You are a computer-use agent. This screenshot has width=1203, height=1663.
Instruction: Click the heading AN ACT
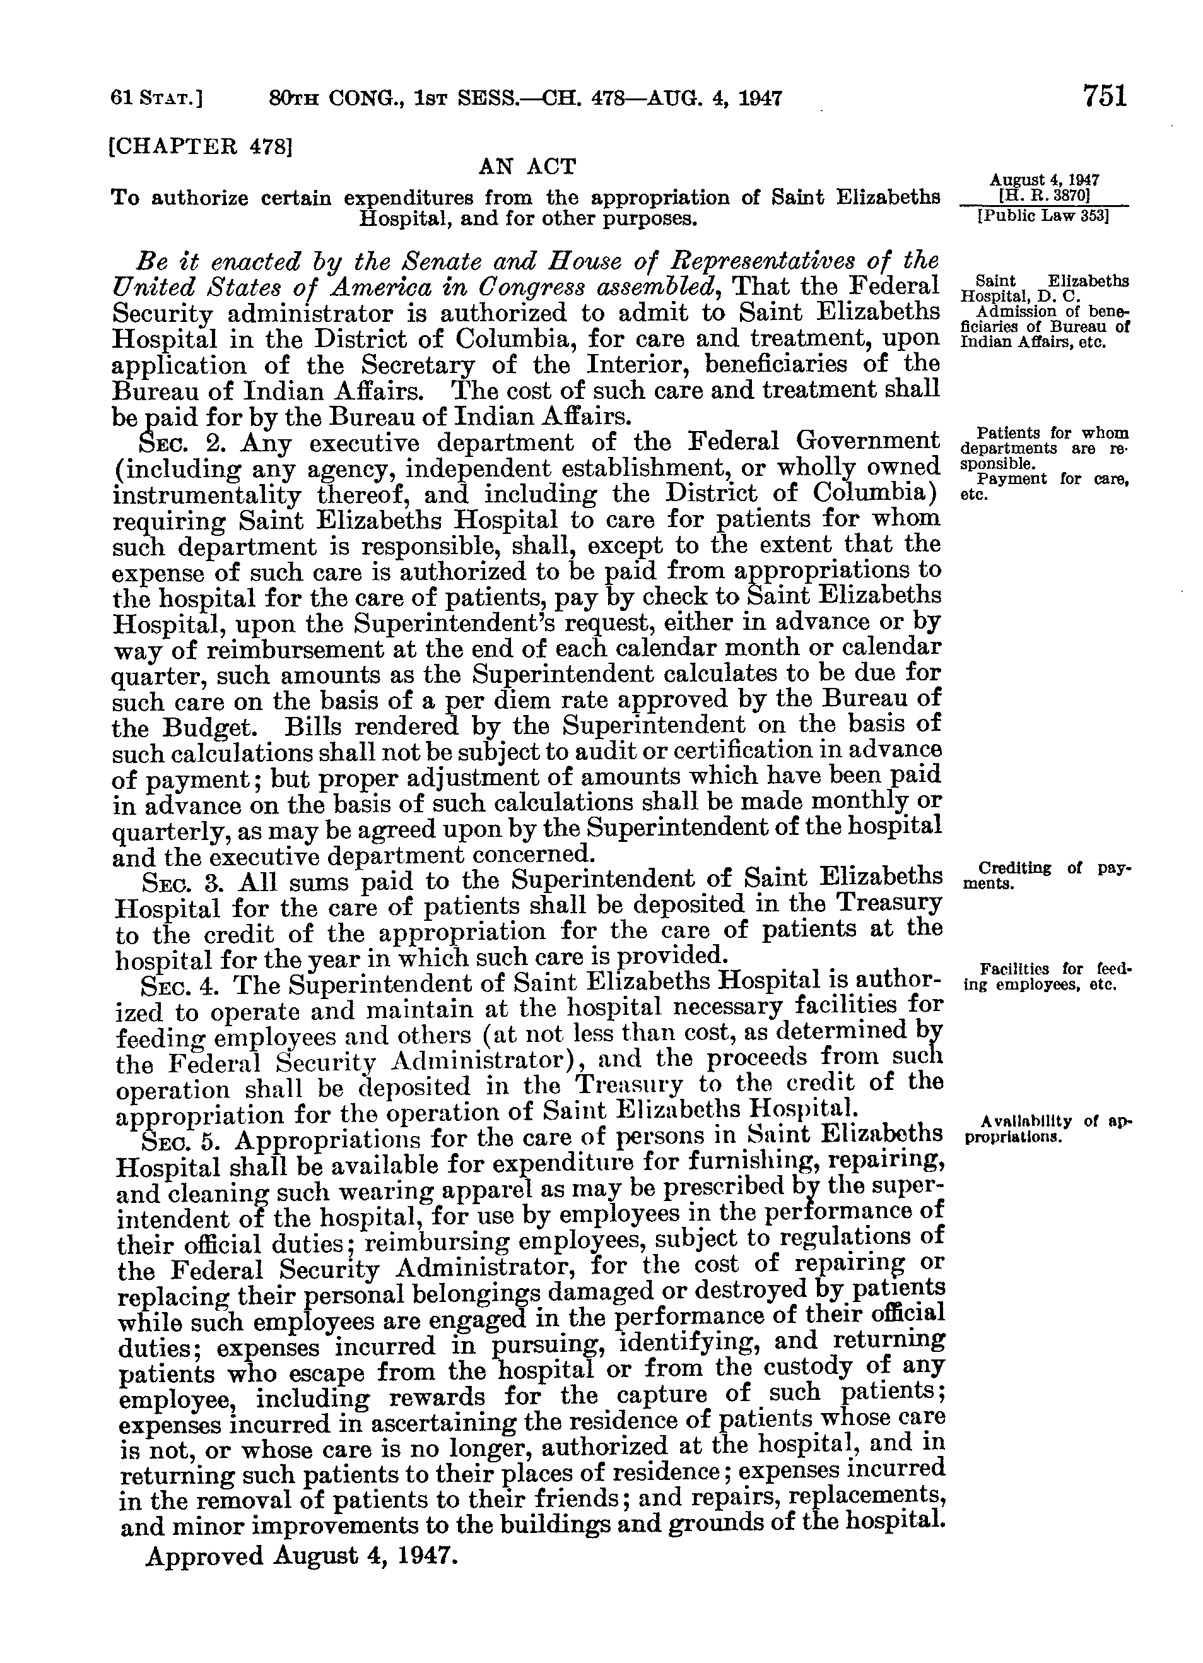[x=527, y=167]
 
